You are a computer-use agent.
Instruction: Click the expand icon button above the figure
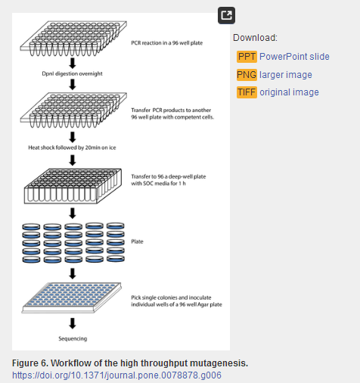point(226,16)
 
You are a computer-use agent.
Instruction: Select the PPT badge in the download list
point(247,57)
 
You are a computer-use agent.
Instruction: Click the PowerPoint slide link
point(294,57)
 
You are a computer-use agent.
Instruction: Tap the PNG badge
point(247,75)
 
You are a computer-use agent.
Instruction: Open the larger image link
point(286,75)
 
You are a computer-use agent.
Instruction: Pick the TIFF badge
point(247,92)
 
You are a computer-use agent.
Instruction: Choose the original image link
point(289,92)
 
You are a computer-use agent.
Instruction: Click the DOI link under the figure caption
point(116,375)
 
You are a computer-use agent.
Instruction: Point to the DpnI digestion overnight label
point(72,73)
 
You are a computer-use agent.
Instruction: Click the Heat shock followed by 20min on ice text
point(72,148)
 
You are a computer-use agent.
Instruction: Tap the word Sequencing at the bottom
point(73,338)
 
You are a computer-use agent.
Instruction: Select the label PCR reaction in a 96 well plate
point(167,43)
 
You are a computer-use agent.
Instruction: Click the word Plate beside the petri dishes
point(137,241)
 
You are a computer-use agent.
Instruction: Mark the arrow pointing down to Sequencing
point(73,323)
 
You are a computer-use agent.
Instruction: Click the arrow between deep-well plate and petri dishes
point(73,213)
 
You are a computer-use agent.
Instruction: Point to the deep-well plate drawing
point(73,186)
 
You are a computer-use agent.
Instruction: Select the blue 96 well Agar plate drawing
point(72,297)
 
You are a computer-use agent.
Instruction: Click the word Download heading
point(255,38)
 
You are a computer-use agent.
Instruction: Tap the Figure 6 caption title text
point(130,363)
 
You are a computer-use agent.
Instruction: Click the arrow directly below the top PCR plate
point(73,64)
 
